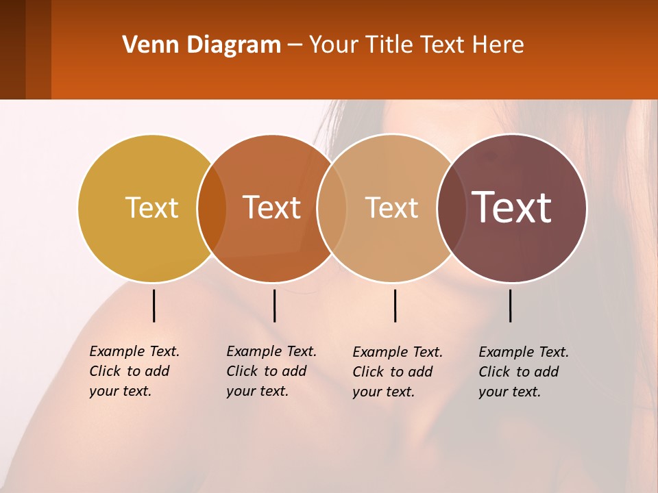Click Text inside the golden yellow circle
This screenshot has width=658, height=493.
[x=151, y=207]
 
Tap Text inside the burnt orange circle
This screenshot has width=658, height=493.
[x=272, y=207]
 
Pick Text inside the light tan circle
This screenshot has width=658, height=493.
[x=391, y=207]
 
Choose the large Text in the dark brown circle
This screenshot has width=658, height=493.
[x=512, y=207]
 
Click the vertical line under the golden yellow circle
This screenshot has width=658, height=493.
[x=154, y=305]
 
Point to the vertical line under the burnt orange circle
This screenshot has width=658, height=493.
[x=274, y=305]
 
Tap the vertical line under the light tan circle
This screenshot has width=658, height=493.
[x=395, y=305]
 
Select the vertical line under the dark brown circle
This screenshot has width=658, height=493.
[x=510, y=305]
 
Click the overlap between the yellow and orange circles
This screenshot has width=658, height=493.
[x=212, y=208]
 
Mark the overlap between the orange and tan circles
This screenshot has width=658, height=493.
[x=332, y=208]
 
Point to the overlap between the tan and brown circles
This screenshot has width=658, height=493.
[x=452, y=208]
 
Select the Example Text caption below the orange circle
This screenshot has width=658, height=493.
[x=271, y=371]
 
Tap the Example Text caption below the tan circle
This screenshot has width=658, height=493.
[x=398, y=372]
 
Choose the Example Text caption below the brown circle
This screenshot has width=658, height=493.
[x=524, y=372]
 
